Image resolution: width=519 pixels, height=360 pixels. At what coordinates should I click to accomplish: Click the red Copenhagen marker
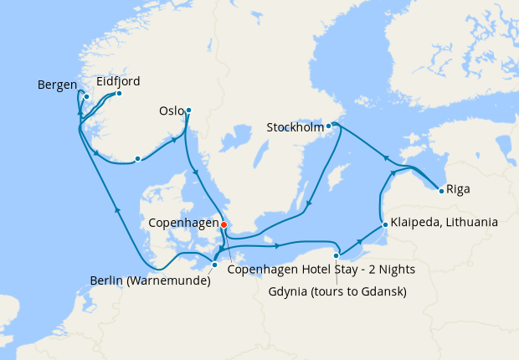tap(224, 224)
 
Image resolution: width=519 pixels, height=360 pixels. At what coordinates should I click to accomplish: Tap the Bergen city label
tap(57, 85)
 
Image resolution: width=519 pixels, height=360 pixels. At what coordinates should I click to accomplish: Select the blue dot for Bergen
tap(86, 96)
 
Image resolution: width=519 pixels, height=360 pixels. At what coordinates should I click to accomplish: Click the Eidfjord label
tap(118, 81)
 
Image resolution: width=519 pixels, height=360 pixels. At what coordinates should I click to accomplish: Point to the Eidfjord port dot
tap(119, 93)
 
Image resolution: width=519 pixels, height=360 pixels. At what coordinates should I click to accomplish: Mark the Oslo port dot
tap(188, 110)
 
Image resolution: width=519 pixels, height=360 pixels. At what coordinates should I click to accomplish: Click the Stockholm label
tap(295, 128)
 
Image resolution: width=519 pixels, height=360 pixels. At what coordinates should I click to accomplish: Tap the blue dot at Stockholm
tap(329, 126)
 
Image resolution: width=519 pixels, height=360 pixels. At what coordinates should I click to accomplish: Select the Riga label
tap(458, 189)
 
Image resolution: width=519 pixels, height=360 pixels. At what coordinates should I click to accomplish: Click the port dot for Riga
tap(441, 192)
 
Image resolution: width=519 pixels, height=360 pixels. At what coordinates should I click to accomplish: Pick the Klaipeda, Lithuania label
tap(444, 224)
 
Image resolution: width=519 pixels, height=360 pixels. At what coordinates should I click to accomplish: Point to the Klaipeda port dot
tap(383, 224)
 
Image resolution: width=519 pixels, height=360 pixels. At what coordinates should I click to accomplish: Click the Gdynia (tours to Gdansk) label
tap(337, 291)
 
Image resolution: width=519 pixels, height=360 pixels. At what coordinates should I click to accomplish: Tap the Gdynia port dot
tap(336, 255)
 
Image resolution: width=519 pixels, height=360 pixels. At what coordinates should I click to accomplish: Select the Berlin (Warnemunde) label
tap(150, 280)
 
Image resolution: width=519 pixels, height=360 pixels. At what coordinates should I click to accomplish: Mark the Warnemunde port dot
tap(215, 265)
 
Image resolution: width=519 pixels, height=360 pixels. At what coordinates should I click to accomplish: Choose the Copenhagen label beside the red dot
tap(182, 224)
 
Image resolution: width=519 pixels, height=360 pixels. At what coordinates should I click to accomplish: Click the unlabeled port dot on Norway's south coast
tap(137, 159)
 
